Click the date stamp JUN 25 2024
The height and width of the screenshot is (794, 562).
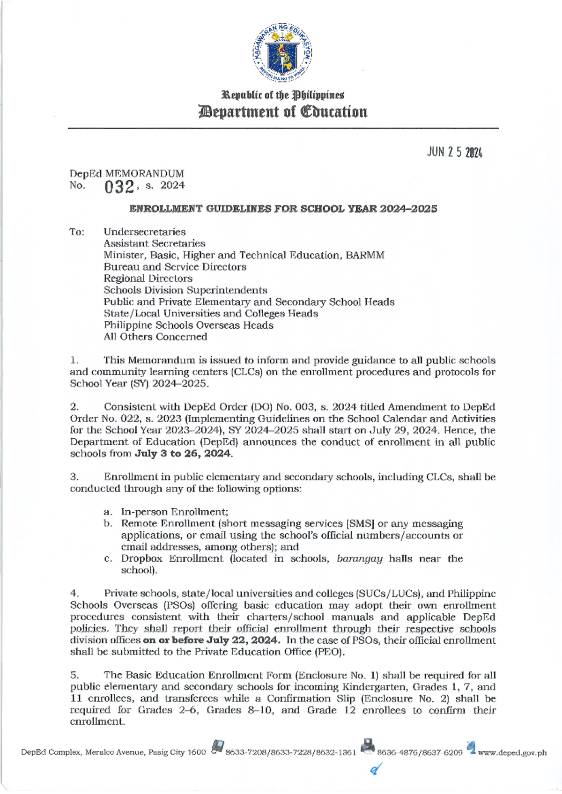[454, 153]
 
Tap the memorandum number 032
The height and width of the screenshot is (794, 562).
[119, 187]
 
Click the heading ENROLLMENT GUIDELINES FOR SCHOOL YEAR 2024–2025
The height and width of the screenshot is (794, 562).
[283, 209]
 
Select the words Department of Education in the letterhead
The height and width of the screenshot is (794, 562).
[283, 112]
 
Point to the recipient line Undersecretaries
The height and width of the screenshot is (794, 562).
[144, 232]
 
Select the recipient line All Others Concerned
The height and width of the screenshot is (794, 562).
[155, 337]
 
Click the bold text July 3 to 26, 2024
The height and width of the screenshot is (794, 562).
[183, 454]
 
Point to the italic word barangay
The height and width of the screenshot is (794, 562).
[359, 559]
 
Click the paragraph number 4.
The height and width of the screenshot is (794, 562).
[74, 594]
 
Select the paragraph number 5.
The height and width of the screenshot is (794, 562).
[74, 675]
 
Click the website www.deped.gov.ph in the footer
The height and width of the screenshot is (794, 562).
[512, 753]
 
